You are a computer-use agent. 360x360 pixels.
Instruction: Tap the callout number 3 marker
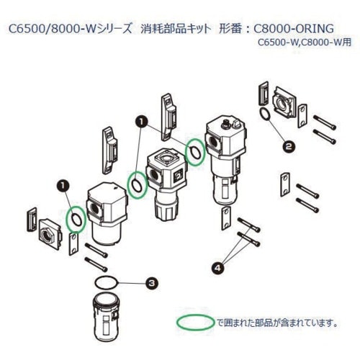pos(152,283)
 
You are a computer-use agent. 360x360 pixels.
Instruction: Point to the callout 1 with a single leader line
pos(63,185)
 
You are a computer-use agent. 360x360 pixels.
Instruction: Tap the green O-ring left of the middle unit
pos(137,184)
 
